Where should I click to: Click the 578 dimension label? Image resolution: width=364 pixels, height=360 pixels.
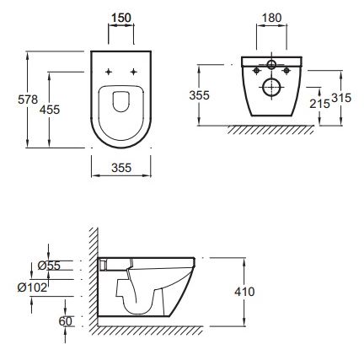tap(28, 99)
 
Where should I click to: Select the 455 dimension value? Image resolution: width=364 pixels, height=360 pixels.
tap(50, 110)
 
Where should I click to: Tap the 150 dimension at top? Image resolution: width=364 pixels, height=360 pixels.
tap(121, 18)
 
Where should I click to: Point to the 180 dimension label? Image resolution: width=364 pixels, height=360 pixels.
tap(271, 18)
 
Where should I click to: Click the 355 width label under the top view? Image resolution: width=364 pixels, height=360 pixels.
tap(121, 168)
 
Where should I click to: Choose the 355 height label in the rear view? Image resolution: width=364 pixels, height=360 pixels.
tap(199, 95)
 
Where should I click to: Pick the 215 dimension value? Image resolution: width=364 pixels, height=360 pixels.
tap(319, 104)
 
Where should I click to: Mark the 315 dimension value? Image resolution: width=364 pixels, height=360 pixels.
tap(341, 98)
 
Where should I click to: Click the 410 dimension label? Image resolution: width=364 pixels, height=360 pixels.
tap(244, 292)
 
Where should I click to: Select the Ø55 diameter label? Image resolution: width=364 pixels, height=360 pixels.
tap(49, 266)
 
